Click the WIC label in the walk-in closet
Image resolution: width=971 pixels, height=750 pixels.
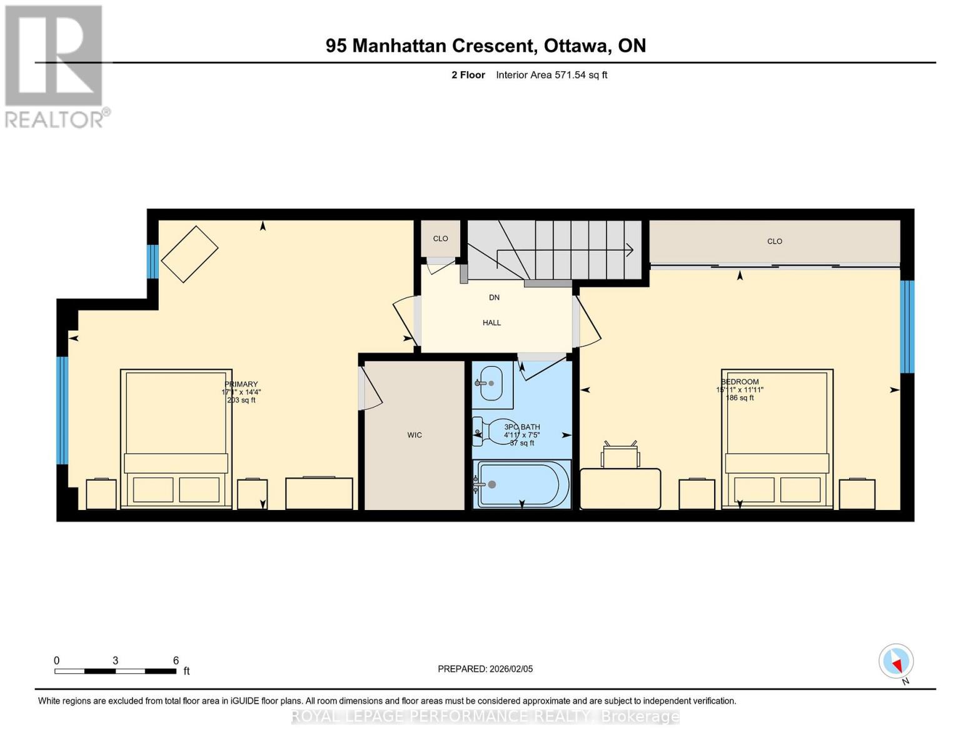point(415,435)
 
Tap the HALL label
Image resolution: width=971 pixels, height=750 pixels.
point(491,322)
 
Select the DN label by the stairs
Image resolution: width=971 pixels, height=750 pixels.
point(494,297)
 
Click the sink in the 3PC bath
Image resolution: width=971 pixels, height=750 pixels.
point(490,383)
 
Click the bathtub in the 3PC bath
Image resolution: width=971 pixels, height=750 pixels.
point(522,484)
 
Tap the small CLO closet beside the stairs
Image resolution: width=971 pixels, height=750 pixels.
point(440,238)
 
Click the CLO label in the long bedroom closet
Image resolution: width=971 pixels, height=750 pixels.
point(775,241)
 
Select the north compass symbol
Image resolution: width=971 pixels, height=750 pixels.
point(897,661)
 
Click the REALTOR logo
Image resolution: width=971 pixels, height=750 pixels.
point(55,66)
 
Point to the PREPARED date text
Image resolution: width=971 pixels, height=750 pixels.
point(485,669)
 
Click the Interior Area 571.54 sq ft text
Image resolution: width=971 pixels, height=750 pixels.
point(551,75)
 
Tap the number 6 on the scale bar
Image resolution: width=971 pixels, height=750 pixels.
point(176,661)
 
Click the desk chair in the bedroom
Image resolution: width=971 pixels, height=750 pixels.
point(620,455)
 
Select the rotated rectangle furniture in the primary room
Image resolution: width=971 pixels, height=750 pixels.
point(189,254)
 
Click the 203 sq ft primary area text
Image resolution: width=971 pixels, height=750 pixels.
point(241,400)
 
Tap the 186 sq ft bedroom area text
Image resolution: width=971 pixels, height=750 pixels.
point(740,397)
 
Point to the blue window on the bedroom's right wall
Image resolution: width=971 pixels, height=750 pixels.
point(907,326)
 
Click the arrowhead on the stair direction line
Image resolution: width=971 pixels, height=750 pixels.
point(630,250)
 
